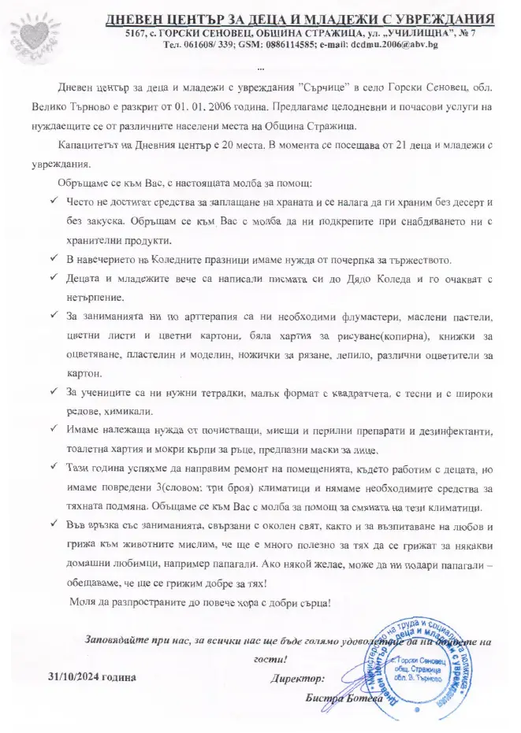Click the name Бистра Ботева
click(x=343, y=698)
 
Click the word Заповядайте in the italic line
click(x=114, y=639)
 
